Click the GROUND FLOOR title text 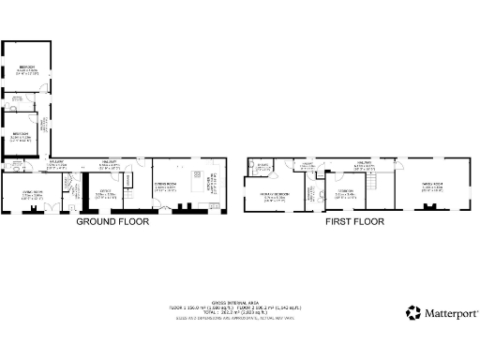(x=115, y=223)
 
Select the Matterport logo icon (x=413, y=313)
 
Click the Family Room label (x=431, y=186)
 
